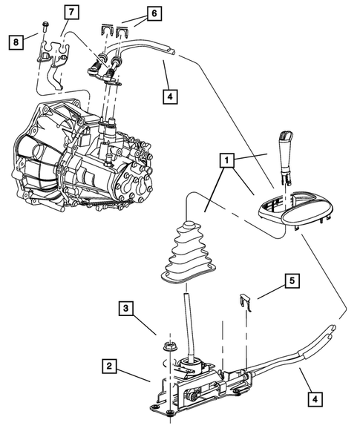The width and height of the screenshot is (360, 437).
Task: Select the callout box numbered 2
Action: point(109,367)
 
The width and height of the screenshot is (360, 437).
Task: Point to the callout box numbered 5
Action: point(292,282)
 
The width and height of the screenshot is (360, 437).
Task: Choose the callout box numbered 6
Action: point(153,13)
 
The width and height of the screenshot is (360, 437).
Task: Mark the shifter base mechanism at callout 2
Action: point(197,386)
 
